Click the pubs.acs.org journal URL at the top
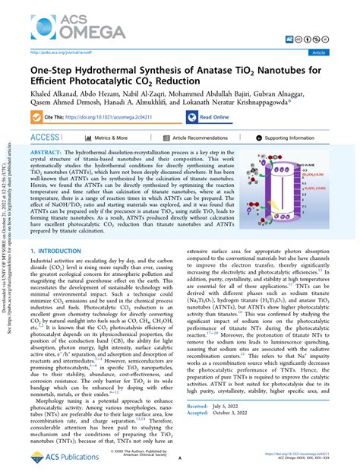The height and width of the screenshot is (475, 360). pyautogui.click(x=56, y=52)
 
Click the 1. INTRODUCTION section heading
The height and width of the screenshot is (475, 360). pyautogui.click(x=57, y=251)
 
